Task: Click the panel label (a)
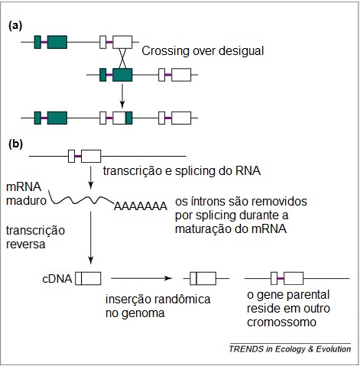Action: (15, 24)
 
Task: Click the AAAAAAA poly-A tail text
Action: (140, 206)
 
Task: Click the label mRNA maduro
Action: (24, 195)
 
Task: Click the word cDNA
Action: (58, 279)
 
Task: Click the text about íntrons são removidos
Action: (241, 215)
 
